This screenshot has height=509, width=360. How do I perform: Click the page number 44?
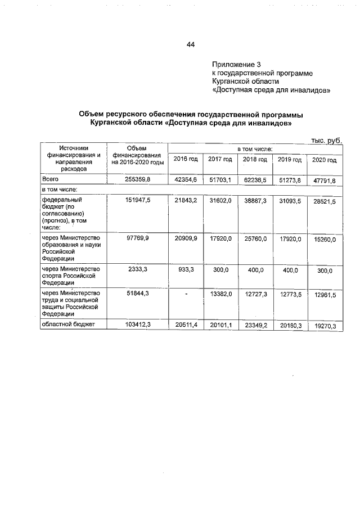click(190, 44)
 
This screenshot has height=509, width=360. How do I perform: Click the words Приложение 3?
click(236, 64)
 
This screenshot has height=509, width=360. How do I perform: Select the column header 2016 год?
click(186, 160)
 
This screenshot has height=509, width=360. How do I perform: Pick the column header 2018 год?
click(255, 160)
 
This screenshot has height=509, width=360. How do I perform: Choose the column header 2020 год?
click(324, 160)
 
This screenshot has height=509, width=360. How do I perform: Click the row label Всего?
click(51, 179)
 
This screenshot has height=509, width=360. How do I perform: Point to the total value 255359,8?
click(137, 179)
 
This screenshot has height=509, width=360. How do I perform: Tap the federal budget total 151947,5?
click(137, 201)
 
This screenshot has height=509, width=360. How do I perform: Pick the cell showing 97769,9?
click(137, 238)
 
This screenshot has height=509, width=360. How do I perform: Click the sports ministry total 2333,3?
click(137, 270)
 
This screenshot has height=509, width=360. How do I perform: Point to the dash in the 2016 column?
click(186, 294)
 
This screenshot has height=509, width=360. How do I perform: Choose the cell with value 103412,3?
click(137, 325)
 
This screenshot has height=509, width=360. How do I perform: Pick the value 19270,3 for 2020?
click(324, 326)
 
